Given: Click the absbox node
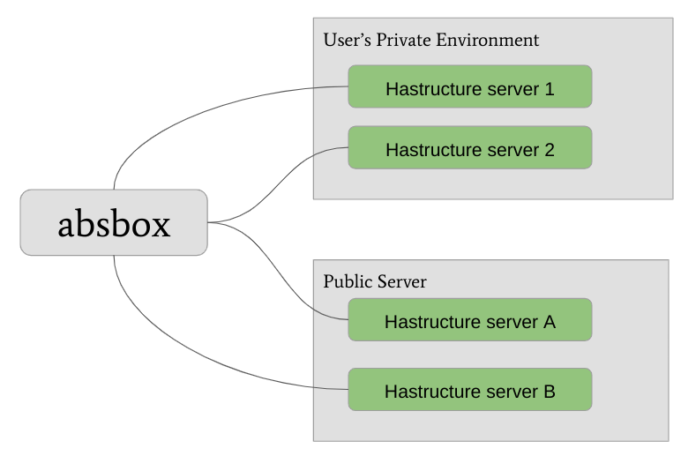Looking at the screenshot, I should coord(114,223).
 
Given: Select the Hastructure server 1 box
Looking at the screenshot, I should coord(469,86).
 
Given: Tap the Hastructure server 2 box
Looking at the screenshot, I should coord(469,147).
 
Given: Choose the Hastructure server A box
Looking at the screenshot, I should coord(469,320).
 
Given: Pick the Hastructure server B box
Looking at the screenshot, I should coord(469,390).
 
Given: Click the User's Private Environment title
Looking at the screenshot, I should coord(430,40).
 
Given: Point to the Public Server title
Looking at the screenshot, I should coord(374,282).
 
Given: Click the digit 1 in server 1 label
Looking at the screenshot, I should coord(550,89).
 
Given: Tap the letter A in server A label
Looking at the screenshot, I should coord(549,322).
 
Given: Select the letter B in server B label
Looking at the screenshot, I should coord(549,392).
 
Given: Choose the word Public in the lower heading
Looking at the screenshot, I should coord(348,282).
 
